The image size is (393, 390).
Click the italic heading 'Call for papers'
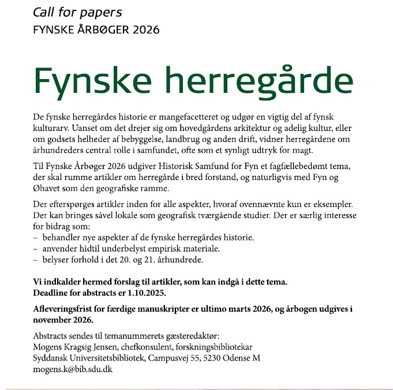(78, 12)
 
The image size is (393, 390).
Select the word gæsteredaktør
(192, 336)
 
